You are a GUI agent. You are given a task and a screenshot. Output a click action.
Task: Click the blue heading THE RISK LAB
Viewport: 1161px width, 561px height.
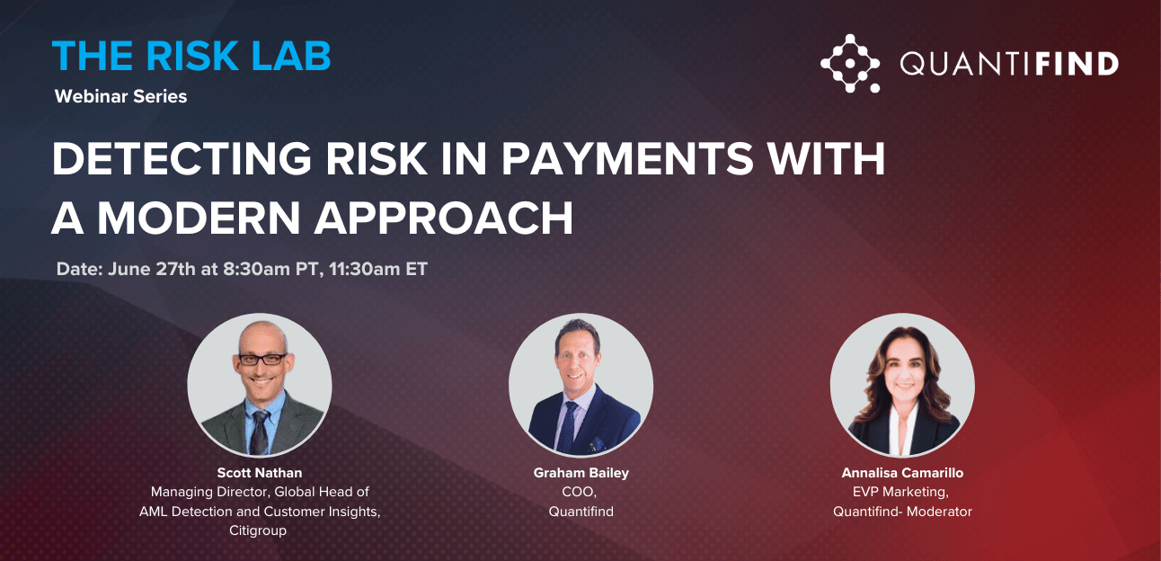tap(191, 56)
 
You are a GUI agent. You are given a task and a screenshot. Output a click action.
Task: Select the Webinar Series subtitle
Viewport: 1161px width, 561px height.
tap(120, 96)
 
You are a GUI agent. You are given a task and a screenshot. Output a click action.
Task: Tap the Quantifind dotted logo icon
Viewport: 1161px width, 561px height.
tap(849, 63)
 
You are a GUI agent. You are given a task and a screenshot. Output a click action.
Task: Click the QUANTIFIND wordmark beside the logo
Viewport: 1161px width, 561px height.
tap(1008, 64)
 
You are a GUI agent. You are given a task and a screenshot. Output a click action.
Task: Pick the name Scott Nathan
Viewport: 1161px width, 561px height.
tap(260, 473)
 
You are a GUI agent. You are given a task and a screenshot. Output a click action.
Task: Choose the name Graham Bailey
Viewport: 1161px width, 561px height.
tap(580, 473)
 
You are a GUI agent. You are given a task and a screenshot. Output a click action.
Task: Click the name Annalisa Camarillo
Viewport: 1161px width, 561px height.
tap(902, 473)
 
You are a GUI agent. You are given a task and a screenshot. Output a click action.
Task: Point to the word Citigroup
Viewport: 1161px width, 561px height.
tap(260, 530)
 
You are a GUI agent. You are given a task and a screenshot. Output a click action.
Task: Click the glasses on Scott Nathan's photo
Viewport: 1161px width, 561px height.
tap(261, 359)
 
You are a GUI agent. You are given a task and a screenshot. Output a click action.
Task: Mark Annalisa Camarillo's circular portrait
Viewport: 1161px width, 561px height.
tap(902, 385)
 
